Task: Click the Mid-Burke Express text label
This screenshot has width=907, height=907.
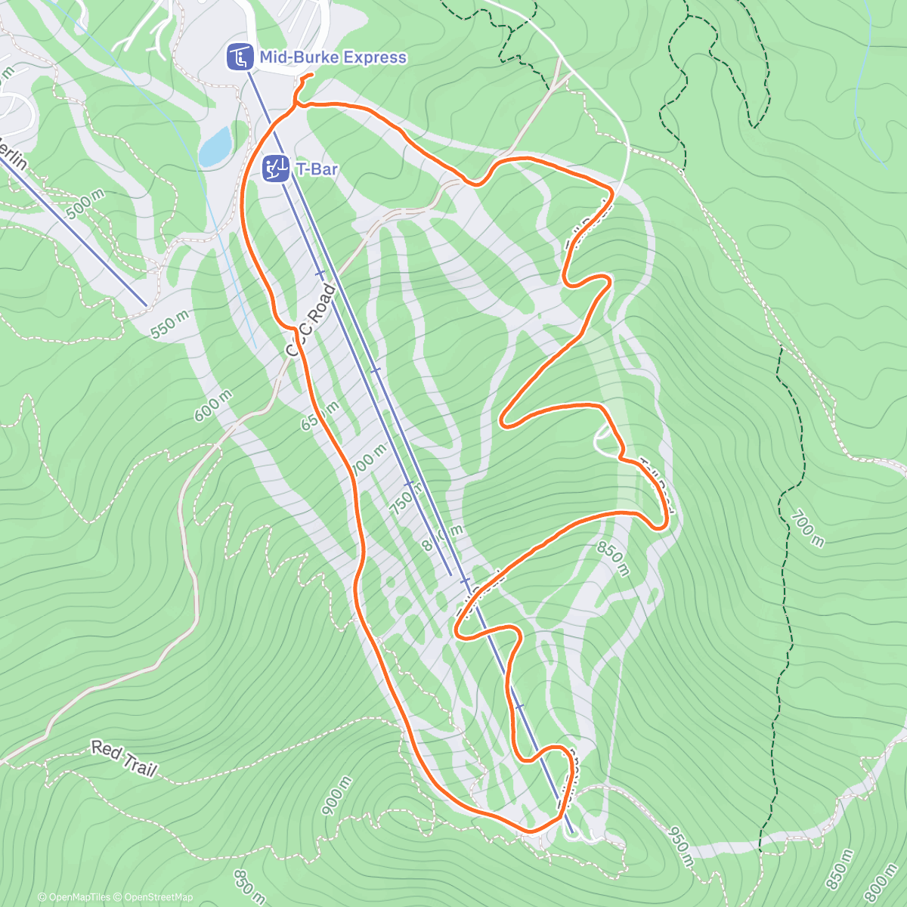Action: point(333,57)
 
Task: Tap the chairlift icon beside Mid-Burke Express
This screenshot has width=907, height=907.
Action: point(240,57)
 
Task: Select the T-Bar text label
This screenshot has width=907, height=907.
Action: point(317,169)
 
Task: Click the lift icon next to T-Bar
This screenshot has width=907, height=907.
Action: point(275,169)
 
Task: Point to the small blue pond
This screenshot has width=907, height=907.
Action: point(215,146)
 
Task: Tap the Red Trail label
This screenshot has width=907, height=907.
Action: point(124,758)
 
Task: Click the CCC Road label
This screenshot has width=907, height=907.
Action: point(310,320)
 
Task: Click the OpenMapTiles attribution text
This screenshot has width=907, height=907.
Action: point(74,897)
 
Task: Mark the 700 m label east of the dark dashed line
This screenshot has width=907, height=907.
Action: point(807,528)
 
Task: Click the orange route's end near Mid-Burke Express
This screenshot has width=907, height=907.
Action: point(311,75)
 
